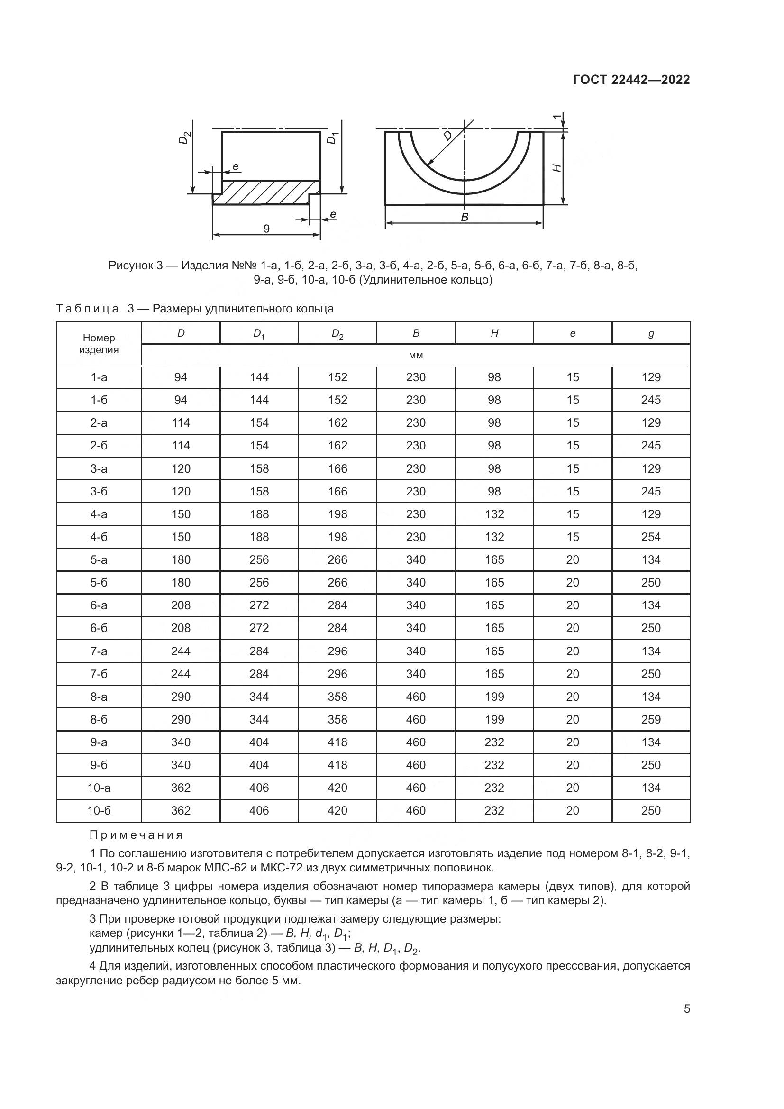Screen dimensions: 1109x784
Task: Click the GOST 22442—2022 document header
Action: pos(631,80)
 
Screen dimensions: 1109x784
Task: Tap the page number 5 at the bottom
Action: pos(687,1009)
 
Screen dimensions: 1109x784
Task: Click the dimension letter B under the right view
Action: pos(465,217)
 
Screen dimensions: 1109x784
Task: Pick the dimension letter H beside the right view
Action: pos(556,167)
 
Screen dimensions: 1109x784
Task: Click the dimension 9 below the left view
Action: pos(266,229)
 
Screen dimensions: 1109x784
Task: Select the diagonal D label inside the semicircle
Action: pos(447,136)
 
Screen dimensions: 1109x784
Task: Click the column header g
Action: pos(651,333)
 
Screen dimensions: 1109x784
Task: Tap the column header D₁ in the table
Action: pos(259,334)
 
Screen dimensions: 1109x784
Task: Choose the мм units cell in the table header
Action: pos(416,355)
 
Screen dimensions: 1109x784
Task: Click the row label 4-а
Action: pos(99,514)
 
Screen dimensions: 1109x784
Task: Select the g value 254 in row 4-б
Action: pos(651,537)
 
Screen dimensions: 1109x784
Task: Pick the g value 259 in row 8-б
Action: pos(651,719)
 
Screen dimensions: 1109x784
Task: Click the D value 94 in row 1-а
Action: pos(181,377)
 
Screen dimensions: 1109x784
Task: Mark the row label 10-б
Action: pos(99,810)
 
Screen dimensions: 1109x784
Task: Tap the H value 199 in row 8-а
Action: pos(494,697)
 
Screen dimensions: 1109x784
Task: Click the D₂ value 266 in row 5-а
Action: pos(337,559)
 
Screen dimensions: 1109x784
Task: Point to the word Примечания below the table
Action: pos(136,835)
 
